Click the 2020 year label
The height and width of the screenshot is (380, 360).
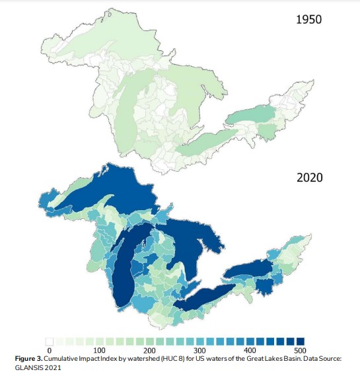308,178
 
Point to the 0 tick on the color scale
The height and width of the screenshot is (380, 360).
49,350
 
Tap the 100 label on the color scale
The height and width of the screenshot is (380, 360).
100,350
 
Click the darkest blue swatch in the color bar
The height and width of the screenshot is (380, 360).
301,341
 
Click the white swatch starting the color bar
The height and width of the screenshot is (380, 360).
49,341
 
